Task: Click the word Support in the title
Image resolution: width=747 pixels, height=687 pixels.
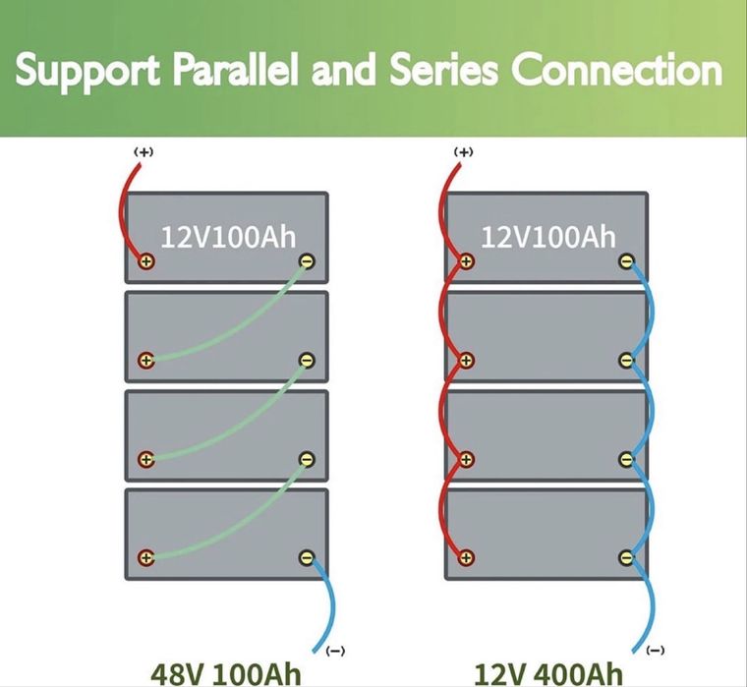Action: (x=87, y=71)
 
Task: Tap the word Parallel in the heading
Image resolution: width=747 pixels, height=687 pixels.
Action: (x=236, y=69)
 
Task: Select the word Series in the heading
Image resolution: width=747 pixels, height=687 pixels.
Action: (x=443, y=70)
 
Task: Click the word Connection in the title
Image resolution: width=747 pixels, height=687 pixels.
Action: (x=617, y=70)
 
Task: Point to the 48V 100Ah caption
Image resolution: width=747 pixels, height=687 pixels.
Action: (x=226, y=673)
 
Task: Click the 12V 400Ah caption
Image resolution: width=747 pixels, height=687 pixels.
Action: (x=547, y=673)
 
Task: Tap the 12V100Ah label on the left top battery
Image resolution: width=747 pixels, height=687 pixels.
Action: (x=228, y=237)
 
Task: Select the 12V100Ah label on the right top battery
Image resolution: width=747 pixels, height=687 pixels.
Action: (x=548, y=237)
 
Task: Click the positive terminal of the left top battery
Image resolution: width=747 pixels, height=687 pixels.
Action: (x=146, y=261)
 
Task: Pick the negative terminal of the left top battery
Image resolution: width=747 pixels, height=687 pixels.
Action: (x=307, y=261)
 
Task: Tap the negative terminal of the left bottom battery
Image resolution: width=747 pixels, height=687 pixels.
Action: (x=307, y=557)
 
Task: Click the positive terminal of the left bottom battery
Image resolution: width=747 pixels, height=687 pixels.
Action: (x=146, y=557)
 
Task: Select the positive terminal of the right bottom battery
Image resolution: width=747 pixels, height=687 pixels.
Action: (x=466, y=557)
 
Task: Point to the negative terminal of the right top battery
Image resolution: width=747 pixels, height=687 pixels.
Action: (x=627, y=261)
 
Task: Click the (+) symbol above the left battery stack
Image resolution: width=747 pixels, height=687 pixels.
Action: (x=144, y=152)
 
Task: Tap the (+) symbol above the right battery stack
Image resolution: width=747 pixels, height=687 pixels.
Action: (x=464, y=152)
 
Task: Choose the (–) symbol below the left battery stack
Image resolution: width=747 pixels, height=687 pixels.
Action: (x=335, y=651)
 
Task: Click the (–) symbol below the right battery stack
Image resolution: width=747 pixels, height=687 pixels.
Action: (x=656, y=650)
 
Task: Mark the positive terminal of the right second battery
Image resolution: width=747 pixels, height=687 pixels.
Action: (x=466, y=360)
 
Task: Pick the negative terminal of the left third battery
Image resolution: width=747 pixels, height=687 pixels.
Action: (x=307, y=459)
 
